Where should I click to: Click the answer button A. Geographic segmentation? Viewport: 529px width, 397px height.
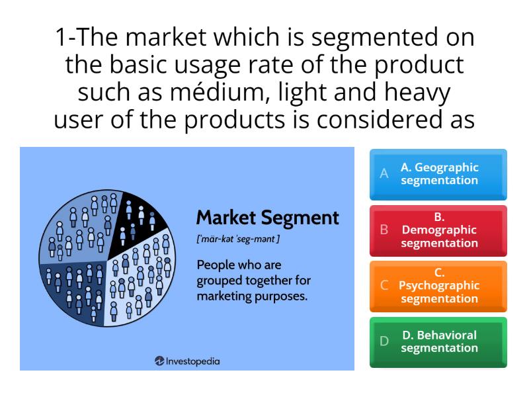pos(438,174)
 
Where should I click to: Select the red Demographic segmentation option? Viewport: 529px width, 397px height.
pos(438,230)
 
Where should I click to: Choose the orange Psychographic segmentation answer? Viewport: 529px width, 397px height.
pos(438,286)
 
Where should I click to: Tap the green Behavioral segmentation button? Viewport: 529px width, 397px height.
pos(438,341)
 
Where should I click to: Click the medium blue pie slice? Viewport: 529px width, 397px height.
pos(79,228)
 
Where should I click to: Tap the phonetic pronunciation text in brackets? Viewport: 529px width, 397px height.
pos(238,239)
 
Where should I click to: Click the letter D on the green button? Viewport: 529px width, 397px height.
pos(384,342)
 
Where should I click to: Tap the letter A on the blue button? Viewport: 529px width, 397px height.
pos(384,174)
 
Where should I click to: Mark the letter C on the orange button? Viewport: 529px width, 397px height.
pos(384,286)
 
